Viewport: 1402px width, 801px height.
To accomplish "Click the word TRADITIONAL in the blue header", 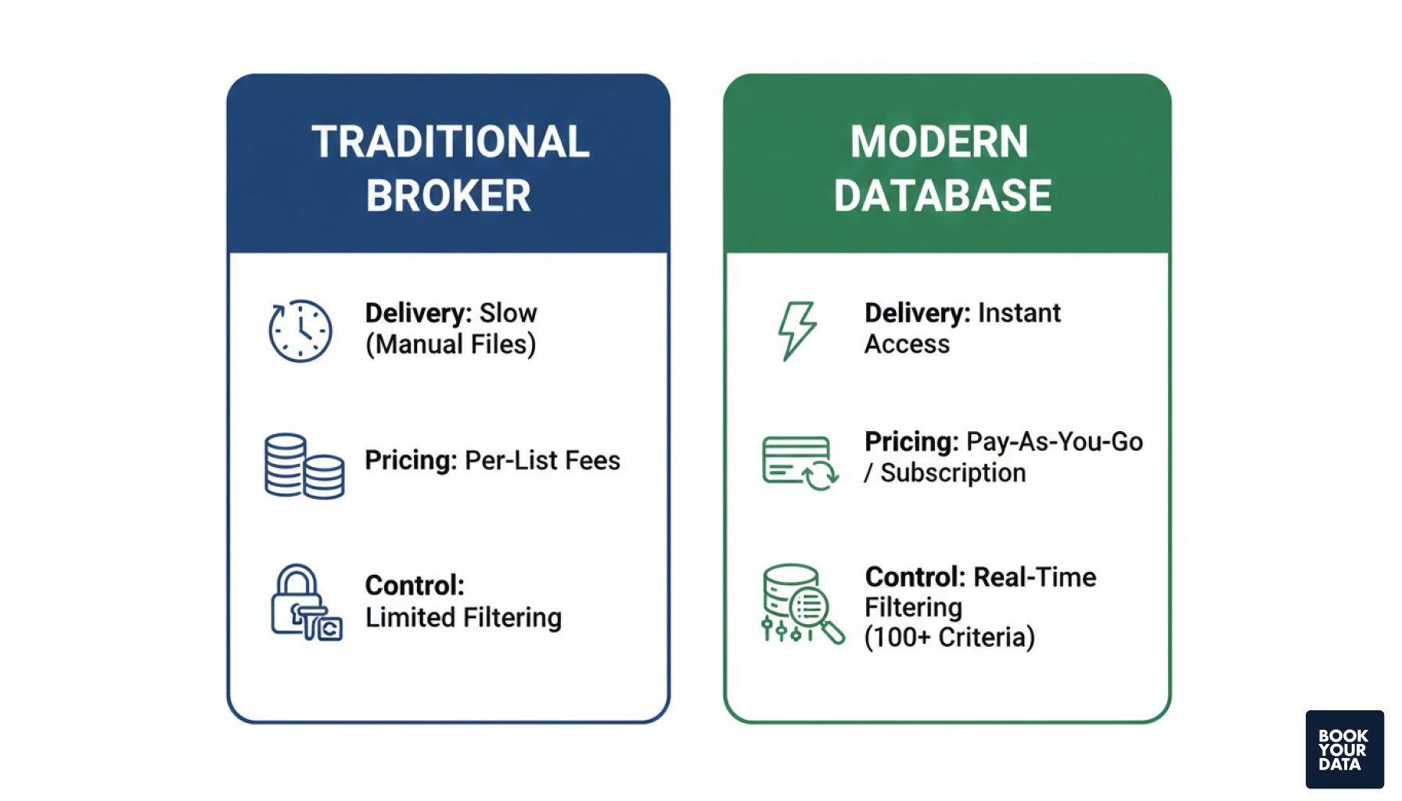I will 450,142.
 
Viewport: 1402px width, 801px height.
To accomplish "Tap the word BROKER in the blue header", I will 448,196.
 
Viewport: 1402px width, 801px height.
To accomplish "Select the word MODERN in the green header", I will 939,142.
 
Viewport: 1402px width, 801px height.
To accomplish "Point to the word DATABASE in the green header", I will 943,196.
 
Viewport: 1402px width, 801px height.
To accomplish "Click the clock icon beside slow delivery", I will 300,331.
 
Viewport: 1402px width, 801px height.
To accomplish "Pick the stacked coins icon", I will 304,466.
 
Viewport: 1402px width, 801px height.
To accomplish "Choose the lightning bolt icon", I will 796,330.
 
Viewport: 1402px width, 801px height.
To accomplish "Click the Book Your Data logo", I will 1343,749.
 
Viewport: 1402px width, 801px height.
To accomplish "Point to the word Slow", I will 508,313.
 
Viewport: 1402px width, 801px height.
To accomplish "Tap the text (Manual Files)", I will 451,344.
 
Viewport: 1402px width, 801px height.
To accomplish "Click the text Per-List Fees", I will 542,461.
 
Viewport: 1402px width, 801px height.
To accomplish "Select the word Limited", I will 411,617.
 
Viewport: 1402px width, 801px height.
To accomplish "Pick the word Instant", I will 1019,313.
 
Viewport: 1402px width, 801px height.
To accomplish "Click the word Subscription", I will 953,473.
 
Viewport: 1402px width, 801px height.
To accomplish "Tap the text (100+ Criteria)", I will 949,638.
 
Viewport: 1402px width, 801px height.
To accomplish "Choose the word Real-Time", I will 1034,577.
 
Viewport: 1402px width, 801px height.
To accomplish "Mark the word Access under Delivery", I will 907,344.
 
